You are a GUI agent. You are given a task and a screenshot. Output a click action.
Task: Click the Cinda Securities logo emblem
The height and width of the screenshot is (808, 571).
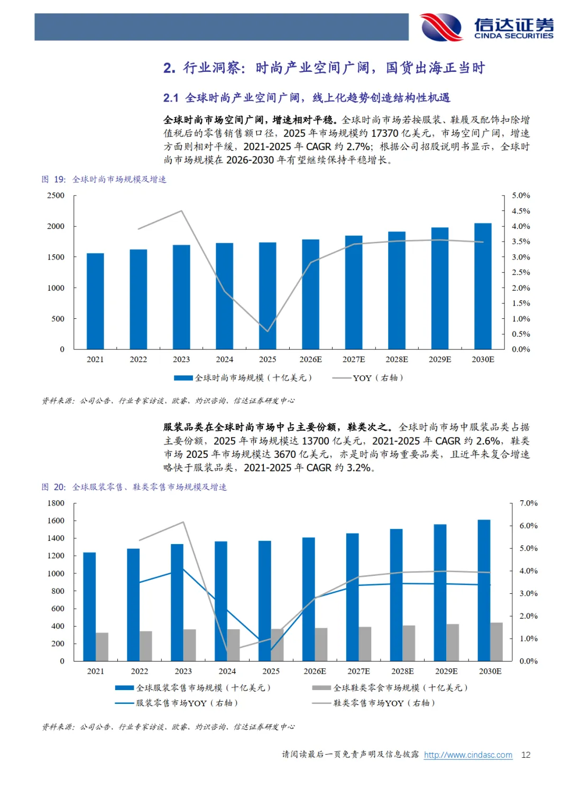click(442, 27)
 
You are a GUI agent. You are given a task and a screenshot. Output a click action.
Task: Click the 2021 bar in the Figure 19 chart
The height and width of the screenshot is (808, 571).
click(95, 301)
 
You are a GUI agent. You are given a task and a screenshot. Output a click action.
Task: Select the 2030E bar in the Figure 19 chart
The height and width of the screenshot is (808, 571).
click(483, 286)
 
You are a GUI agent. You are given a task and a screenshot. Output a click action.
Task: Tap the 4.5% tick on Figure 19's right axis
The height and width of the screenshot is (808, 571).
click(521, 211)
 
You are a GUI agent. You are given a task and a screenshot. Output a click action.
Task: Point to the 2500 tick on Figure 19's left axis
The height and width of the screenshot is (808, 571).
click(56, 196)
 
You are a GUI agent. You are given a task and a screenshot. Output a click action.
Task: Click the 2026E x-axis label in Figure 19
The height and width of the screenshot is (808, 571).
click(310, 360)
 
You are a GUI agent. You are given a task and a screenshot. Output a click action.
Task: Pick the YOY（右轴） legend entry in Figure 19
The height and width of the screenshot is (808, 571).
click(367, 378)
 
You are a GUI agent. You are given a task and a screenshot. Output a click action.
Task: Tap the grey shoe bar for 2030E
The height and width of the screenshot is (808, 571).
click(496, 642)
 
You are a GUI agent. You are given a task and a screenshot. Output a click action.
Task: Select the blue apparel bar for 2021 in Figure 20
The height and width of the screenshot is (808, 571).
click(89, 607)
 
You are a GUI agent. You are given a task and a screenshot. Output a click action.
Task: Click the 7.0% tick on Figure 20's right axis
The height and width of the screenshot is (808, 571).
click(528, 503)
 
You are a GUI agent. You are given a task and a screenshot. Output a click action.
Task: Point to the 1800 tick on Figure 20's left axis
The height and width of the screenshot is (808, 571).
click(56, 503)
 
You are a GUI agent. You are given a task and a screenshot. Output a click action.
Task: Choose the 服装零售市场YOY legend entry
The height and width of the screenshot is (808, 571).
click(177, 703)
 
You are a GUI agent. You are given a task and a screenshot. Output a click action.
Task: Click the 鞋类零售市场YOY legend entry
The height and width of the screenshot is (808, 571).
click(374, 703)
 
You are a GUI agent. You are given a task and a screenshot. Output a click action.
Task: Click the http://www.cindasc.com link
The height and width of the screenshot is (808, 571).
click(468, 755)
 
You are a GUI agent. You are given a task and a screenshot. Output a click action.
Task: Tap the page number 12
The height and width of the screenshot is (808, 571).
click(526, 755)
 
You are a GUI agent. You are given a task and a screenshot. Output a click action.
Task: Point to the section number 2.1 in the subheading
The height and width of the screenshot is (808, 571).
click(171, 98)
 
